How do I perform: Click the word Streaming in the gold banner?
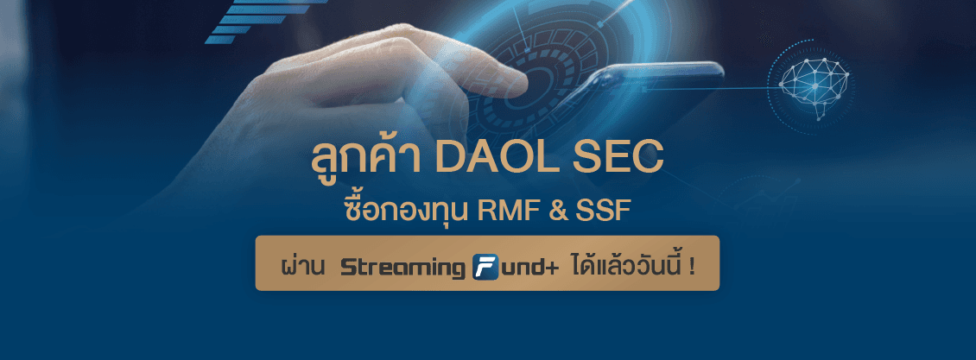coord(402,268)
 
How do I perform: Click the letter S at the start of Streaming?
coord(347,268)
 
